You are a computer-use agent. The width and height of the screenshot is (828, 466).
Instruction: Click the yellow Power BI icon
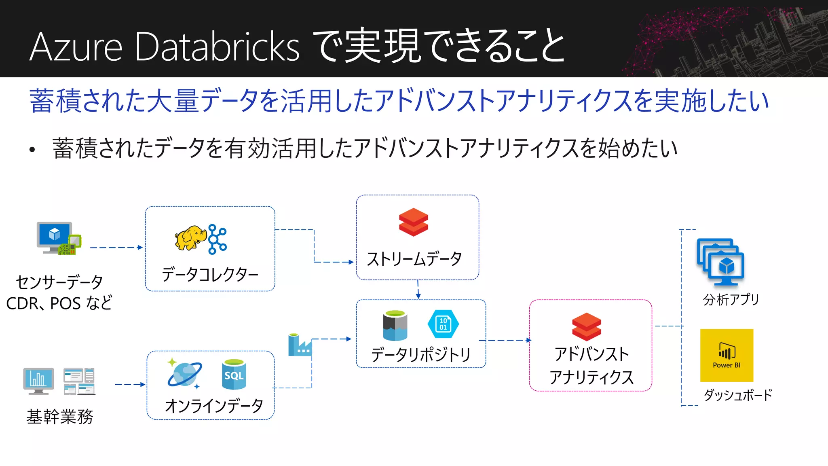pyautogui.click(x=727, y=355)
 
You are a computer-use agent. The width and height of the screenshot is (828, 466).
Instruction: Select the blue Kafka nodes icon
pyautogui.click(x=218, y=239)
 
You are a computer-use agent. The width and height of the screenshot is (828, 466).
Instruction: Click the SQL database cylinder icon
pyautogui.click(x=234, y=374)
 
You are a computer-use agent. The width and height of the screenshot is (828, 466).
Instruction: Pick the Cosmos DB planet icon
pyautogui.click(x=184, y=374)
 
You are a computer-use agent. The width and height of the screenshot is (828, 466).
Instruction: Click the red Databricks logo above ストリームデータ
pyautogui.click(x=413, y=222)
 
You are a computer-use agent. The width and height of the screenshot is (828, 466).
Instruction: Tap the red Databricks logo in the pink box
pyautogui.click(x=586, y=326)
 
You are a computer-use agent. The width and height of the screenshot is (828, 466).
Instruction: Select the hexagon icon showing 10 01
pyautogui.click(x=443, y=324)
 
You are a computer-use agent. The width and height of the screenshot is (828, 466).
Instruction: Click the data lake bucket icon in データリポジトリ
pyautogui.click(x=395, y=325)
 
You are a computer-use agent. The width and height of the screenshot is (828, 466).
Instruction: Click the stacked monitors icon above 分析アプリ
pyautogui.click(x=720, y=262)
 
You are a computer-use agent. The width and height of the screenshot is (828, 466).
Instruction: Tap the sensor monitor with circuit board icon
pyautogui.click(x=59, y=238)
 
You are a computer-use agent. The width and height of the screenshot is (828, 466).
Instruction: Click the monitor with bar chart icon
pyautogui.click(x=38, y=381)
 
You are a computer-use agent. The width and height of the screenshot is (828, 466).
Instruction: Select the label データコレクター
pyautogui.click(x=210, y=275)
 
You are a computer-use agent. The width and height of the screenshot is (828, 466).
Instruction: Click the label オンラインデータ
pyautogui.click(x=214, y=406)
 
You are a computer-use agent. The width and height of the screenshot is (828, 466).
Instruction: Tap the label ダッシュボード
pyautogui.click(x=738, y=394)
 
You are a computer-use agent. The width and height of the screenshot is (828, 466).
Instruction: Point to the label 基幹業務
pyautogui.click(x=60, y=417)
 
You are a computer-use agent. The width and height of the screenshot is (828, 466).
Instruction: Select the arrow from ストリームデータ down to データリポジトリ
pyautogui.click(x=418, y=290)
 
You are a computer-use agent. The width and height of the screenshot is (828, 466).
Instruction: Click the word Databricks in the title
pyautogui.click(x=217, y=47)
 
